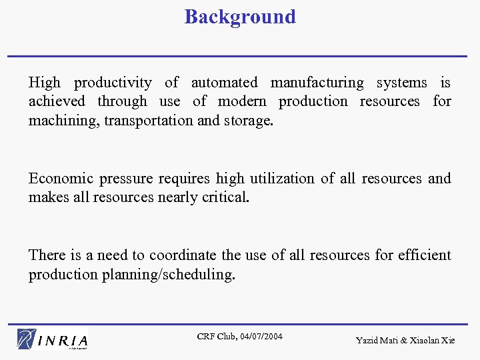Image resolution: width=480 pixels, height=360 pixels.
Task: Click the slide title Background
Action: click(240, 17)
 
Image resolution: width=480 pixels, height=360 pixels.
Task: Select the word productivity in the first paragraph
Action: click(113, 83)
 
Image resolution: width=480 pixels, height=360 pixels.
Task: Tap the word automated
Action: click(224, 83)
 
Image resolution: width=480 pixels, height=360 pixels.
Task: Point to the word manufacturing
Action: click(317, 83)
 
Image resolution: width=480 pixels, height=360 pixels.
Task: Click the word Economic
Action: click(61, 179)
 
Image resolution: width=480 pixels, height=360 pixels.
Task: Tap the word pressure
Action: click(123, 179)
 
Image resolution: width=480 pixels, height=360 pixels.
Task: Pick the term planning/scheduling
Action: click(168, 275)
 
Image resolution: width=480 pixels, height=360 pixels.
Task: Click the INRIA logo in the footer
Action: click(53, 339)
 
